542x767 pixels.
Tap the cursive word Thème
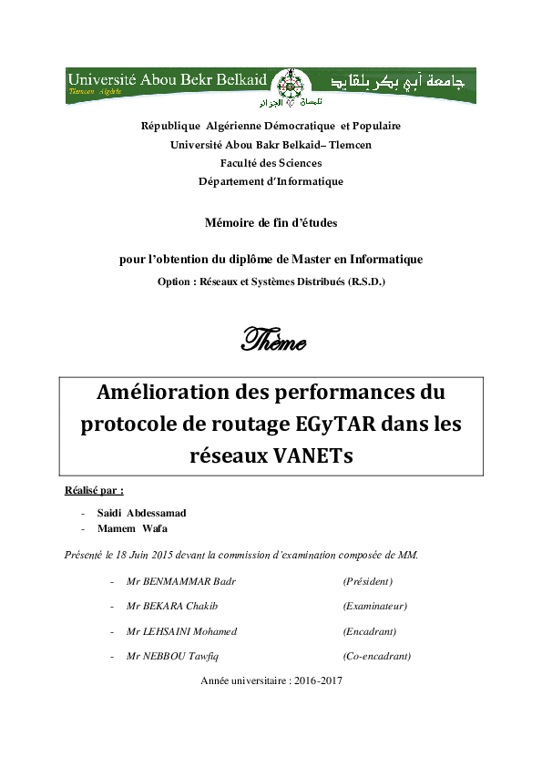pos(271,342)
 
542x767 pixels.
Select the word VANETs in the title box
pos(308,456)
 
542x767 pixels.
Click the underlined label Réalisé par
pos(94,490)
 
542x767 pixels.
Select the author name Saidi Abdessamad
pos(141,513)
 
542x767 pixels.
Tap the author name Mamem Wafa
pos(132,528)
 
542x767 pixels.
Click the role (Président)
pos(367,581)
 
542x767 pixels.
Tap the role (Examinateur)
pos(374,606)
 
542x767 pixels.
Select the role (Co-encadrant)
pos(376,656)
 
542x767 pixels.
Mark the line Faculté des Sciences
pos(271,163)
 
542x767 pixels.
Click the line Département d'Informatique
pos(271,181)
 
